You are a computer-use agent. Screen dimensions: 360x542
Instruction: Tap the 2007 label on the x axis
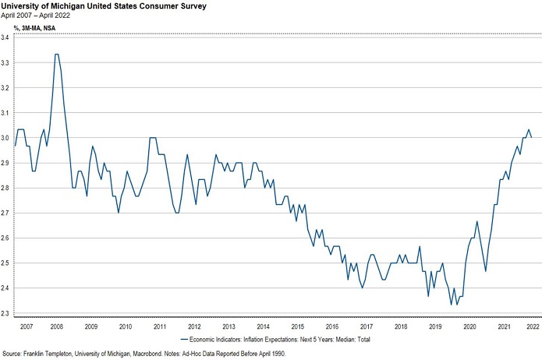(x=26, y=326)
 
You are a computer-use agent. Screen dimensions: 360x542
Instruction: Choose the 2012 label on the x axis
(x=195, y=326)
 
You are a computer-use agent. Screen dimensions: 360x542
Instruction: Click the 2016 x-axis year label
(x=332, y=326)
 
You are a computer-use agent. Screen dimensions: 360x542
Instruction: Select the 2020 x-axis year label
(x=469, y=326)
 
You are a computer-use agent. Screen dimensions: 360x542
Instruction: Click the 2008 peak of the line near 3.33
(x=56, y=55)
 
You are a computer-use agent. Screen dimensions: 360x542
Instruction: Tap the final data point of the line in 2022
(x=531, y=137)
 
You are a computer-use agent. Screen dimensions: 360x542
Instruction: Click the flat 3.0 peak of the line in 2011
(x=153, y=137)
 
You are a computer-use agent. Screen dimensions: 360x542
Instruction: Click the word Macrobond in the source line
(x=170, y=355)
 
